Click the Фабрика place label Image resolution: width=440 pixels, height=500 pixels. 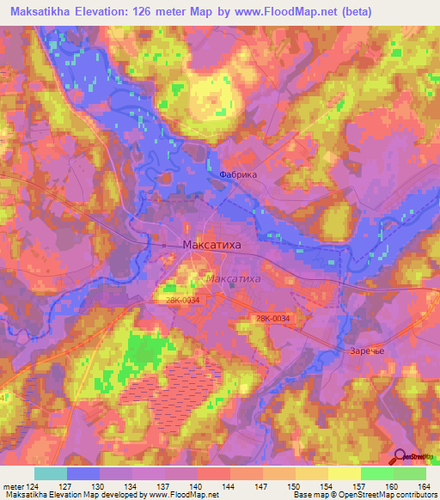238,173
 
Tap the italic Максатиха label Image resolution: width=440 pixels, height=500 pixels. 234,280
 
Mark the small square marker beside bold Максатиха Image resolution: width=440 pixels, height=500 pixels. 164,246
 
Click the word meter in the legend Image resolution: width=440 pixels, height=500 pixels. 14,487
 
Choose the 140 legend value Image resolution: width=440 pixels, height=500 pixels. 197,487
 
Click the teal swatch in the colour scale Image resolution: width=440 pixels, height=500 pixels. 50,473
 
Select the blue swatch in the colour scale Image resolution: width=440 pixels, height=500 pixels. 82,473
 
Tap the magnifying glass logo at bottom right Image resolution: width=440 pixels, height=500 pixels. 400,459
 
